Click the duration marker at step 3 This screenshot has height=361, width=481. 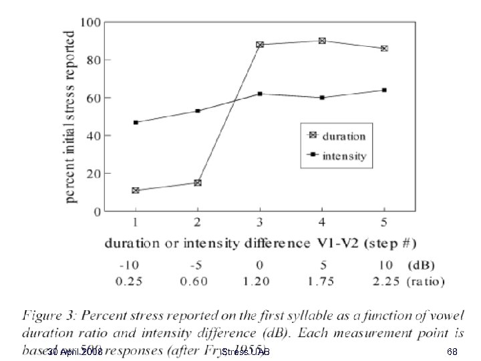pyautogui.click(x=260, y=45)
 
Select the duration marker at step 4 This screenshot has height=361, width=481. pyautogui.click(x=322, y=41)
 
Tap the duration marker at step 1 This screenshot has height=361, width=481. pyautogui.click(x=136, y=191)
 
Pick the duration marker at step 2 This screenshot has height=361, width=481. pyautogui.click(x=198, y=183)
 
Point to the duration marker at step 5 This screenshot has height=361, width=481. pyautogui.click(x=384, y=48)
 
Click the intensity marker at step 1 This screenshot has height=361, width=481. pyautogui.click(x=136, y=122)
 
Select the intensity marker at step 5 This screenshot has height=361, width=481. pyautogui.click(x=384, y=90)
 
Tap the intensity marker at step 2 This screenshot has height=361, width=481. pyautogui.click(x=198, y=111)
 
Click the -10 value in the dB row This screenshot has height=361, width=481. pyautogui.click(x=136, y=263)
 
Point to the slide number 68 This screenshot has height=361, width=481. pyautogui.click(x=452, y=352)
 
